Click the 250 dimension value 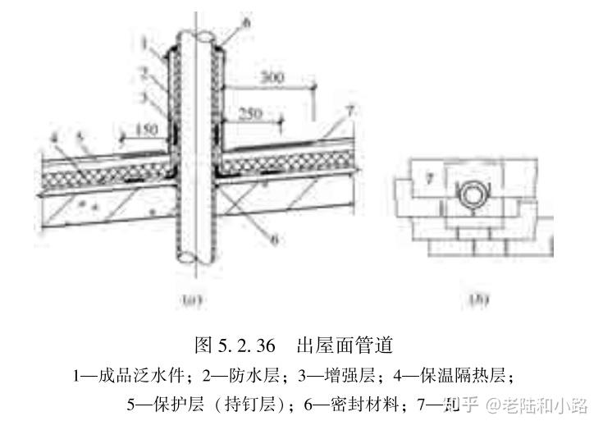[251, 114]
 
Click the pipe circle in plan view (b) [475, 195]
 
